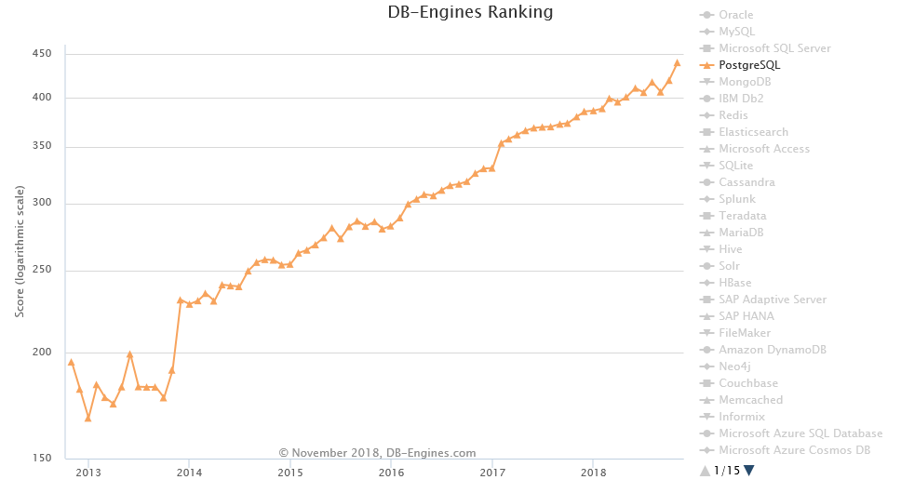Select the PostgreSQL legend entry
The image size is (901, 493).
point(749,65)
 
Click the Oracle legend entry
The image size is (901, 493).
point(735,15)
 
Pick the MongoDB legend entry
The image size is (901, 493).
point(745,82)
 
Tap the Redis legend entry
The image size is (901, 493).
point(733,115)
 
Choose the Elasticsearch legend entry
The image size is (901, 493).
point(753,132)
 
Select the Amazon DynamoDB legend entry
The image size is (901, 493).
point(772,350)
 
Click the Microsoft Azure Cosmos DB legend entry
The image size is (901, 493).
point(794,450)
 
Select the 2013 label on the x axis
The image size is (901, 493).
point(87,473)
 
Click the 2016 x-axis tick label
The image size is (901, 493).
point(391,473)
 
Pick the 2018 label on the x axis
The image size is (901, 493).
point(594,473)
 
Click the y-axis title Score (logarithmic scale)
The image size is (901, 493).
point(20,250)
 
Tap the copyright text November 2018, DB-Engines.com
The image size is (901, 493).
point(377,453)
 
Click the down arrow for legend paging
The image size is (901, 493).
point(749,471)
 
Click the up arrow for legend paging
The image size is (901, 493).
point(706,471)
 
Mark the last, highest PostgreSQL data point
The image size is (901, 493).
point(677,63)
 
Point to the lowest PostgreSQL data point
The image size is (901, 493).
point(87,419)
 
